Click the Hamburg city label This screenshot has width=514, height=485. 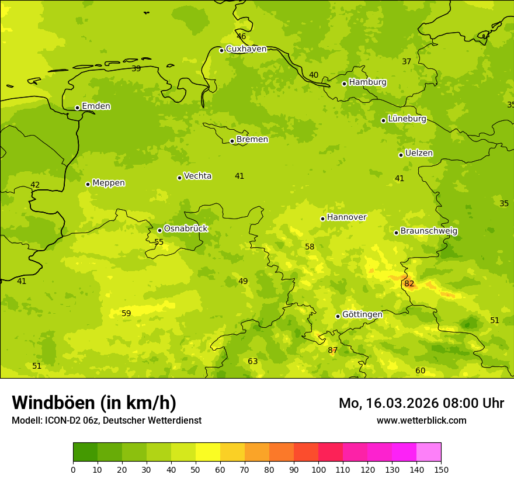pyautogui.click(x=367, y=82)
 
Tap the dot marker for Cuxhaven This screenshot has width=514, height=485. pyautogui.click(x=221, y=50)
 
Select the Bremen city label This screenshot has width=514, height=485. pyautogui.click(x=252, y=140)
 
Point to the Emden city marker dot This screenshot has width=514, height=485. pyautogui.click(x=77, y=108)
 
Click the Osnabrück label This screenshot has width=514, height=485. pyautogui.click(x=185, y=229)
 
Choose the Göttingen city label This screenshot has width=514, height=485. pyautogui.click(x=362, y=315)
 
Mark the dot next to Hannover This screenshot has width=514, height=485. pyautogui.click(x=322, y=219)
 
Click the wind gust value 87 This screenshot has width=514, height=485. pyautogui.click(x=332, y=351)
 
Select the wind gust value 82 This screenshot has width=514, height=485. pyautogui.click(x=409, y=284)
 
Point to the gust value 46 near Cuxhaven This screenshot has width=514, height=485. pyautogui.click(x=241, y=37)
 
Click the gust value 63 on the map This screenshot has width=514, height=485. pyautogui.click(x=252, y=362)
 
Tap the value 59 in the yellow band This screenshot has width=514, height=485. pyautogui.click(x=126, y=314)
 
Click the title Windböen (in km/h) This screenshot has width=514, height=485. pyautogui.click(x=94, y=403)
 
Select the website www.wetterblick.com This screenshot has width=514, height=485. pyautogui.click(x=421, y=421)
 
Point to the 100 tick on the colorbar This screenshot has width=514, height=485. pyautogui.click(x=318, y=469)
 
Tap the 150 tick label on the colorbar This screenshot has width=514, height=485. pyautogui.click(x=441, y=469)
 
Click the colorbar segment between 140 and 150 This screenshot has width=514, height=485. pyautogui.click(x=429, y=452)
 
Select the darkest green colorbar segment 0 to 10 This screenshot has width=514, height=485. pyautogui.click(x=85, y=452)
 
